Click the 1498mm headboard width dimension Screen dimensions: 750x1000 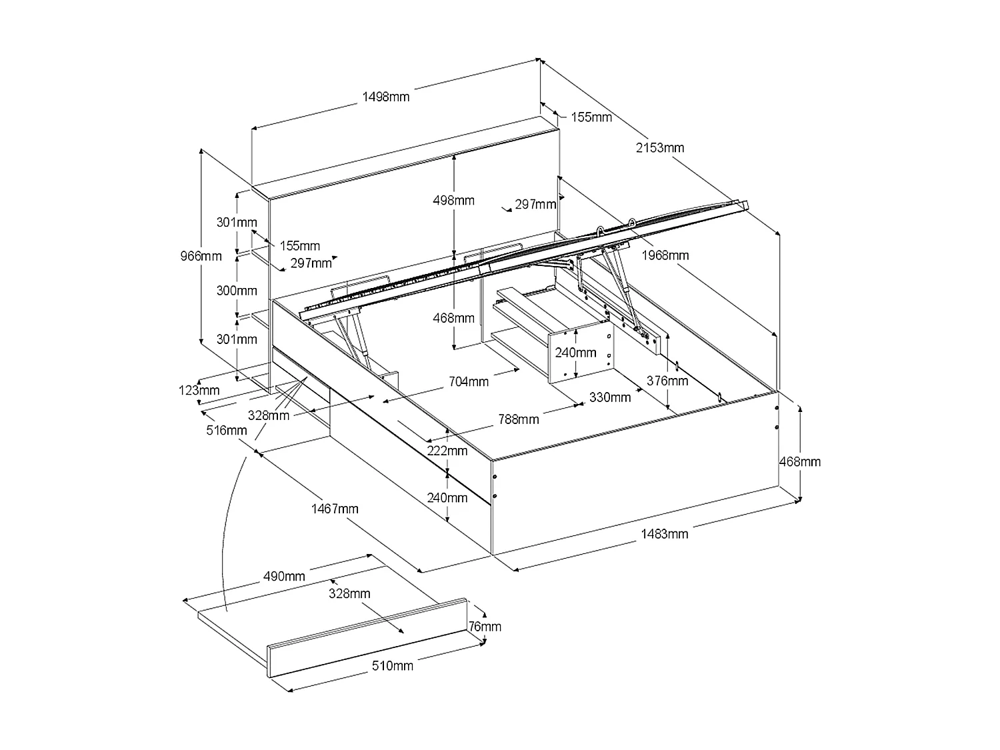pos(385,97)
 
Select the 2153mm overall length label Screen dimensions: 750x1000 pos(659,147)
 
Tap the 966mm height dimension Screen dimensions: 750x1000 pos(201,255)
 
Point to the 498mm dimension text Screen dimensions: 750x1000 pos(453,200)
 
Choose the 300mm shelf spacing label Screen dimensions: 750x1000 pos(237,291)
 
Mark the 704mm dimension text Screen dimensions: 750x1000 pos(468,381)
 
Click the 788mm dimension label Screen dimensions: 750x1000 pos(519,419)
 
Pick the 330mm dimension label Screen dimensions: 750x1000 pos(609,397)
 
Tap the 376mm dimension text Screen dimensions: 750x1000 pos(667,381)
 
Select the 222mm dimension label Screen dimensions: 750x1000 pos(447,451)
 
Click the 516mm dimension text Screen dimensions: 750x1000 pos(227,430)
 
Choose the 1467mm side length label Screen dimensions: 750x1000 pos(335,509)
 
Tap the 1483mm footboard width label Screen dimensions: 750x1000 pos(664,533)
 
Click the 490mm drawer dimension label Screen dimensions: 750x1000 pos(285,576)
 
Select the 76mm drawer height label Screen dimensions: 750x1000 pos(485,626)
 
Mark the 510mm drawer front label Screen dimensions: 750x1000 pos(393,665)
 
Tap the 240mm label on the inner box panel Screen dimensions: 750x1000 pos(576,352)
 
